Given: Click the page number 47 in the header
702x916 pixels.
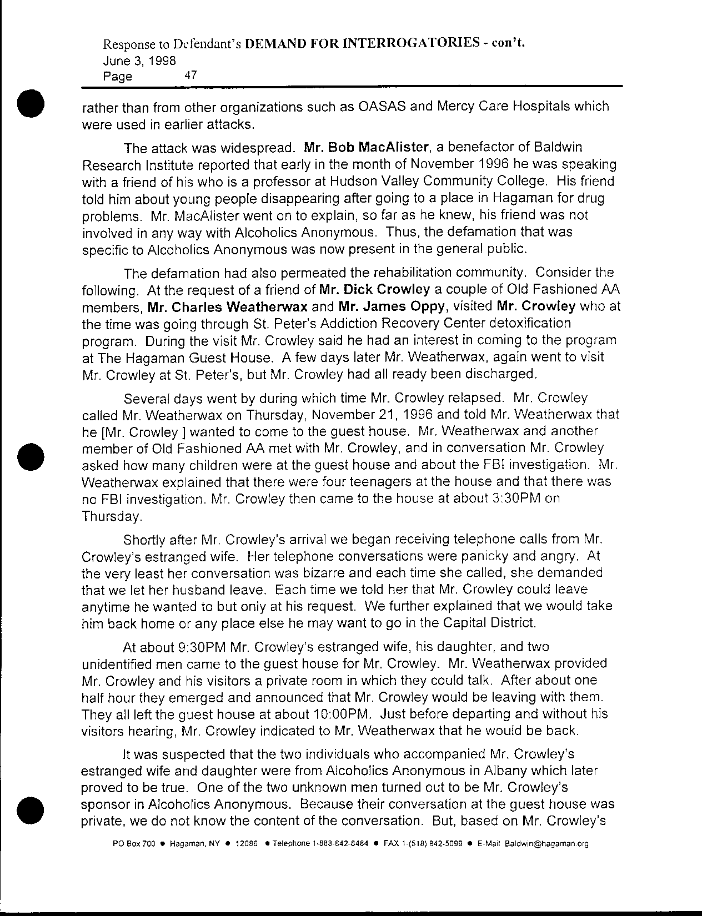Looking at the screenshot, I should [190, 75].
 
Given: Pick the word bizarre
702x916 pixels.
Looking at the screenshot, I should [309, 572].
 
